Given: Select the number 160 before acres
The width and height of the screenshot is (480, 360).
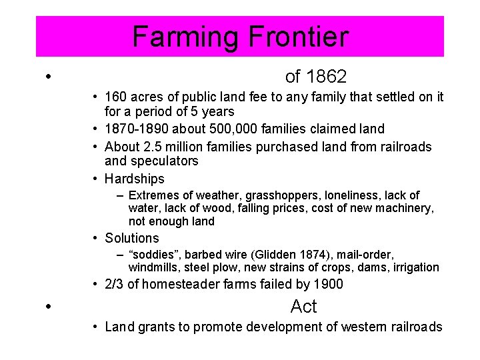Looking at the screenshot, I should pos(115,97).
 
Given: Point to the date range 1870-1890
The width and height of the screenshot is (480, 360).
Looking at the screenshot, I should pos(135,129).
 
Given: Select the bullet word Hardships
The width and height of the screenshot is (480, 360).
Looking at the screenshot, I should pos(134,179).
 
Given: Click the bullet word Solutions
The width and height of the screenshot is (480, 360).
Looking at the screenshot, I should pos(132,238).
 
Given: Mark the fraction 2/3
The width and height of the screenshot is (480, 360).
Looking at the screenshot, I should pos(115,285).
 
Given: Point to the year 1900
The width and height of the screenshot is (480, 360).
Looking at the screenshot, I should pos(327,285).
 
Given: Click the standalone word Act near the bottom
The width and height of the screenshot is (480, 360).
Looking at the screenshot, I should pos(304,307).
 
